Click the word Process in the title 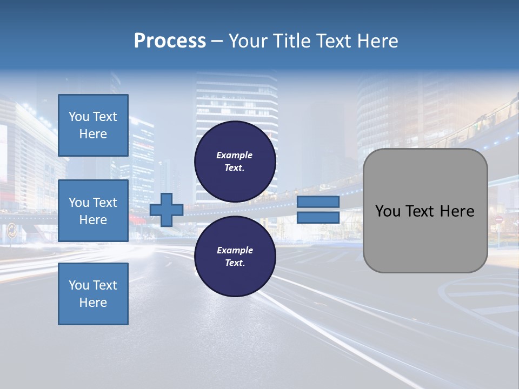pos(170,41)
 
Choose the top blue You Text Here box pos(93,125)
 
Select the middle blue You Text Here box pos(93,211)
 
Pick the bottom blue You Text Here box pos(93,293)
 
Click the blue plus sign pos(167,210)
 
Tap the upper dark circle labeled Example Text pos(235,161)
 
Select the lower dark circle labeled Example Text pos(235,256)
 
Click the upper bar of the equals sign pos(318,202)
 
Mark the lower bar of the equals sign pos(318,218)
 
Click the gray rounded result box pos(425,210)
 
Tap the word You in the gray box pos(388,211)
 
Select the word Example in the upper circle pos(235,155)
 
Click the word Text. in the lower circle pos(235,263)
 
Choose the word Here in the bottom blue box pos(93,303)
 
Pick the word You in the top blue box pos(79,117)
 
